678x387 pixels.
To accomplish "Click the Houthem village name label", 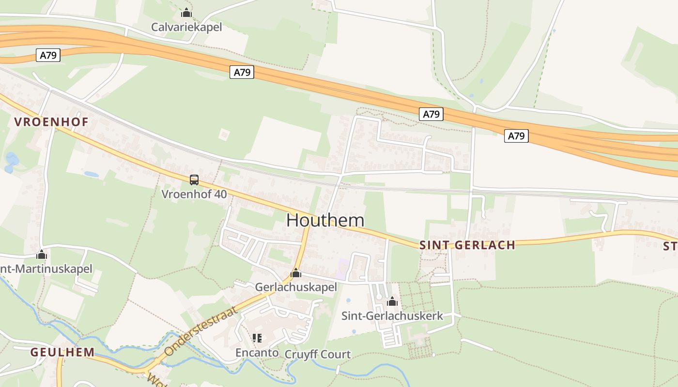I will pyautogui.click(x=325, y=220).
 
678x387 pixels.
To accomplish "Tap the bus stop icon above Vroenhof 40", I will pyautogui.click(x=194, y=180).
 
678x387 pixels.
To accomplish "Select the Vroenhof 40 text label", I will pyautogui.click(x=194, y=194).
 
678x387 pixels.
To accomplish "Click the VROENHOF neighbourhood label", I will pyautogui.click(x=51, y=122).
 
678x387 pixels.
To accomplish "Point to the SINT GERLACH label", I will pyautogui.click(x=467, y=245).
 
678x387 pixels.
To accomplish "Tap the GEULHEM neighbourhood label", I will pyautogui.click(x=62, y=352).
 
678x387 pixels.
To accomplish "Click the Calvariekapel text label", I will pyautogui.click(x=186, y=27).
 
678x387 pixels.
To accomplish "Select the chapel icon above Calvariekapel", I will pyautogui.click(x=186, y=13).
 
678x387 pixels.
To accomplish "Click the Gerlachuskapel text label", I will pyautogui.click(x=296, y=287).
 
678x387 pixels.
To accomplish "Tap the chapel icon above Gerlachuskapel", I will pyautogui.click(x=296, y=273).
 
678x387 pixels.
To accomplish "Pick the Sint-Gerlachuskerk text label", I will pyautogui.click(x=392, y=316).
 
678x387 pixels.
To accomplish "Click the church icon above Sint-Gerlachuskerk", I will pyautogui.click(x=392, y=302).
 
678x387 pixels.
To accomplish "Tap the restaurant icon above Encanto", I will pyautogui.click(x=257, y=338).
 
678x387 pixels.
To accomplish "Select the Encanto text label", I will pyautogui.click(x=257, y=353).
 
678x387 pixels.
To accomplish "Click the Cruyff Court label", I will pyautogui.click(x=318, y=354).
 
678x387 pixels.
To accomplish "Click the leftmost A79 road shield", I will pyautogui.click(x=48, y=55).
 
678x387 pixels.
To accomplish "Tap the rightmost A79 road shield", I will pyautogui.click(x=516, y=136).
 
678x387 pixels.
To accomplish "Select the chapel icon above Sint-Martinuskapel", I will pyautogui.click(x=42, y=254).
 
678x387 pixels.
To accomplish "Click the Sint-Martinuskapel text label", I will pyautogui.click(x=46, y=269).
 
